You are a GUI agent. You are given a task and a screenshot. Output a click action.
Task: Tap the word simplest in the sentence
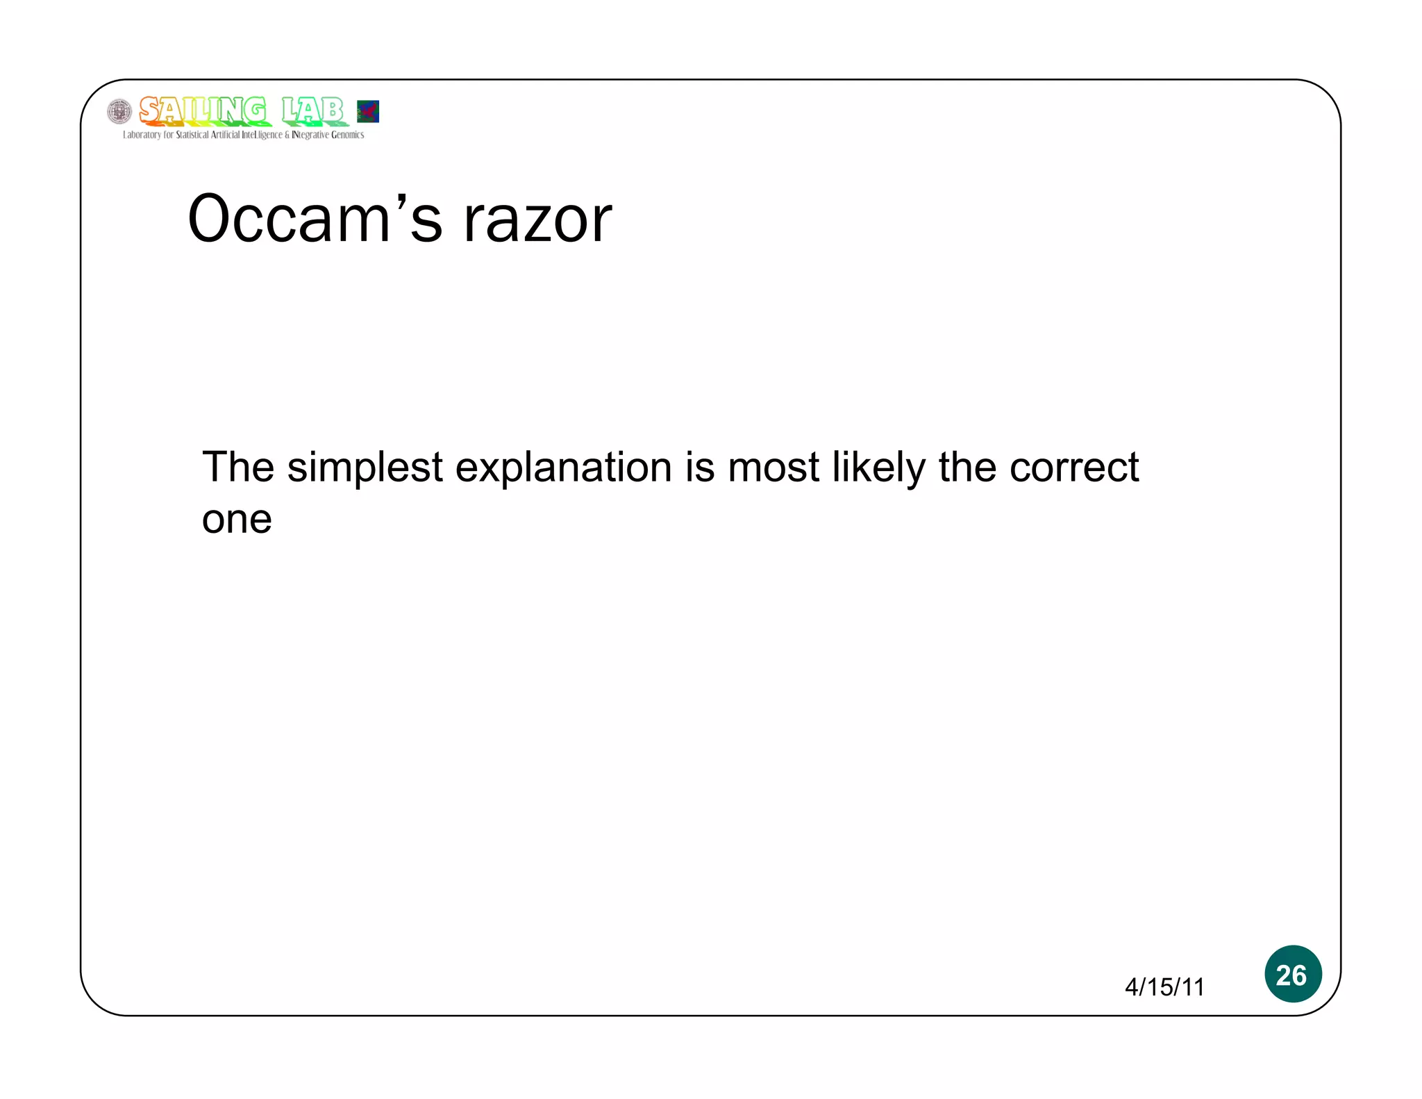click(x=365, y=468)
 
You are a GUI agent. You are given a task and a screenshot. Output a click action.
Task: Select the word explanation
click(x=563, y=468)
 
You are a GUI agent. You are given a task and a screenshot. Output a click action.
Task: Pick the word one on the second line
click(x=237, y=520)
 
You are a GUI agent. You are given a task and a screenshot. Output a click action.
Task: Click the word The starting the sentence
click(x=238, y=467)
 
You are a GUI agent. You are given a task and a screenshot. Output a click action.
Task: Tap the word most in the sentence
click(x=773, y=468)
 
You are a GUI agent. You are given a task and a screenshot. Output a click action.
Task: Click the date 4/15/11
click(x=1164, y=986)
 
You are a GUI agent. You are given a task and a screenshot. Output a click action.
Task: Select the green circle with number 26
click(x=1292, y=974)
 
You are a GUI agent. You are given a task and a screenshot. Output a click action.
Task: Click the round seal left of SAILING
click(x=119, y=112)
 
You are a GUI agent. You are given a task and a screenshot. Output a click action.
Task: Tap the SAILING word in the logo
click(x=202, y=110)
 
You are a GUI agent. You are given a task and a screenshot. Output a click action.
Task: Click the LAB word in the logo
click(x=312, y=110)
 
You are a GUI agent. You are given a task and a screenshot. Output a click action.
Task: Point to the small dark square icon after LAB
click(x=368, y=111)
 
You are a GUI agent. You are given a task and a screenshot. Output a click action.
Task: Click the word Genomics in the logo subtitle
click(x=347, y=135)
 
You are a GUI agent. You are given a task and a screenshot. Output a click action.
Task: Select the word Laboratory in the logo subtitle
click(x=142, y=135)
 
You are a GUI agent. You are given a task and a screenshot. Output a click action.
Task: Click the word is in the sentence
click(x=700, y=468)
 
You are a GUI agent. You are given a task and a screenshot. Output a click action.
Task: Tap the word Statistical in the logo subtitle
click(x=192, y=135)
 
